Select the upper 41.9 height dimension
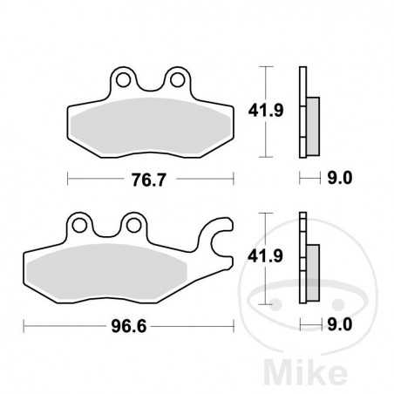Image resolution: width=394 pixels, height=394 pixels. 268,110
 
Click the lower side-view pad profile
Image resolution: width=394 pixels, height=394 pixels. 307,259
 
